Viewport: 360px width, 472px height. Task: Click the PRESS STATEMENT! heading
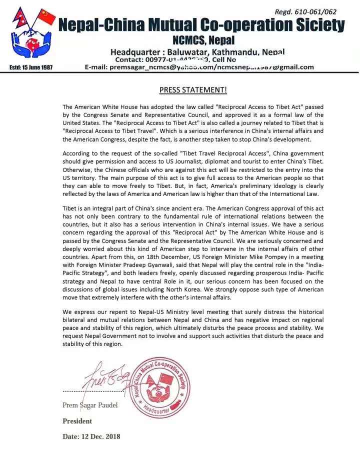pos(193,90)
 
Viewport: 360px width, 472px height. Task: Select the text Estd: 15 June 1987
pos(31,67)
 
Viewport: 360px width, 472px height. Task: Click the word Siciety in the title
pos(318,25)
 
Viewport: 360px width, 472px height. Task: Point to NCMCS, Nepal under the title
pos(203,40)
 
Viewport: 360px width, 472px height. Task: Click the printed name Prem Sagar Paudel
pos(90,405)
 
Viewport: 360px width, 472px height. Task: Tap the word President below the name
pos(77,421)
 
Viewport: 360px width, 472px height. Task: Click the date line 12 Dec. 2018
pos(91,436)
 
